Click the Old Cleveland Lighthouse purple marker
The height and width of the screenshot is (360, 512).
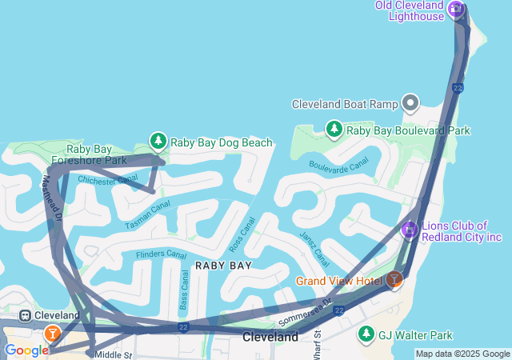click(456, 9)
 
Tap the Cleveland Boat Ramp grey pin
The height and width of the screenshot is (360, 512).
click(411, 103)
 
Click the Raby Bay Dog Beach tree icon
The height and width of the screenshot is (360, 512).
click(158, 142)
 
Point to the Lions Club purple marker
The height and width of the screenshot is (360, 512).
click(410, 230)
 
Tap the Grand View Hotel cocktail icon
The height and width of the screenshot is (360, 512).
click(394, 280)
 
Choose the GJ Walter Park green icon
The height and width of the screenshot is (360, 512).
click(366, 334)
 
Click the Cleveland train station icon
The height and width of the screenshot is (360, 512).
click(26, 315)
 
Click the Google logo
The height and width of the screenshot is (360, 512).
click(26, 350)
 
